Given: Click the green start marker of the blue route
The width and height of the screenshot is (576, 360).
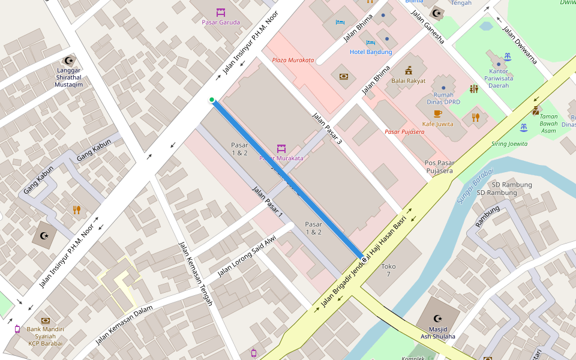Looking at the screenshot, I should pos(212,100).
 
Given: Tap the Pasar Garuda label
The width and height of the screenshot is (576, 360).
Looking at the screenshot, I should pos(221,22).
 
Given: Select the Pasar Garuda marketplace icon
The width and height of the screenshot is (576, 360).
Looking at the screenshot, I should pos(221,12).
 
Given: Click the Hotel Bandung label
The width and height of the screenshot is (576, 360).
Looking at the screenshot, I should pos(371,52).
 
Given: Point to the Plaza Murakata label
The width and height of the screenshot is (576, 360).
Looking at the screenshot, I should pos(293,60).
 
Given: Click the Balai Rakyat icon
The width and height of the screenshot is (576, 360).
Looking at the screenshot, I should pos(408,70).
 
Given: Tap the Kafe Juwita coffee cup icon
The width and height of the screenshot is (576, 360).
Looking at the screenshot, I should pos(437,113).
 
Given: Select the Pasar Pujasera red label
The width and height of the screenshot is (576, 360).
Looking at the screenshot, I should pos(404,131).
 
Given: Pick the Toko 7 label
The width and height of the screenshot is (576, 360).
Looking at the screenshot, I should pos(388,270).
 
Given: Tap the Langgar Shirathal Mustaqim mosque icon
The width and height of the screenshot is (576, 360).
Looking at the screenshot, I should pos(68,60).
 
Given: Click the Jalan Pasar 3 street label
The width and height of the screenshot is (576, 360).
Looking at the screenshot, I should pos(326,128).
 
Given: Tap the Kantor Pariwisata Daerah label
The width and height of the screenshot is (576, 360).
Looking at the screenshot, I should pos(499,79).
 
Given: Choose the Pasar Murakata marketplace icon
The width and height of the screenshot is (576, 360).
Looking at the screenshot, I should pos(281,148).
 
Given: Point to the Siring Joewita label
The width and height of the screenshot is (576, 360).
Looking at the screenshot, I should pos(509,144).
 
